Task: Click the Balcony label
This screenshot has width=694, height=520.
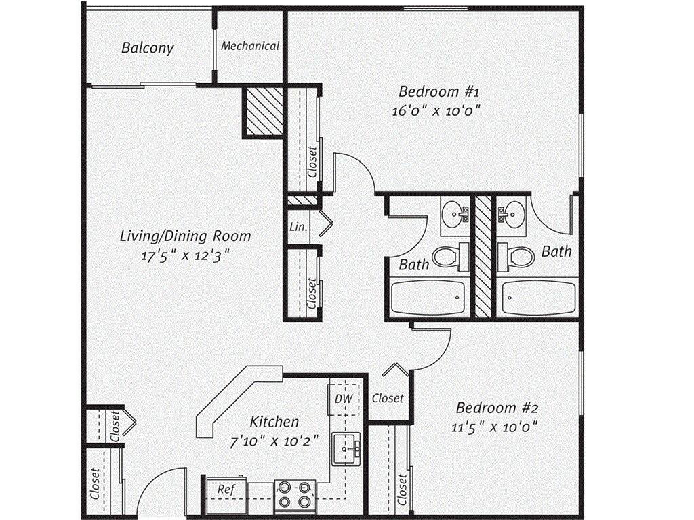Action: coord(147,48)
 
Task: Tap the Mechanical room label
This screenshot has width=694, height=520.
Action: coord(249,46)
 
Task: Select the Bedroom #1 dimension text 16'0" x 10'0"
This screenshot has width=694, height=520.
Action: coord(440,111)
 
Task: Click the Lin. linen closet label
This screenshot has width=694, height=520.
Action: coord(298,227)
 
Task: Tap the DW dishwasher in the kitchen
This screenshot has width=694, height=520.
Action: coord(344,398)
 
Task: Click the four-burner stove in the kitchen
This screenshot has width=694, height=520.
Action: coord(295,495)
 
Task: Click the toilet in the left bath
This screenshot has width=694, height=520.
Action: coord(449,257)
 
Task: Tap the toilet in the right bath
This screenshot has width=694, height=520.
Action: coord(516,257)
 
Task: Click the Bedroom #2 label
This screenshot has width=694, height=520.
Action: coord(497,408)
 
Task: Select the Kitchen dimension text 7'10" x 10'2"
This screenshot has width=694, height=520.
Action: coord(273,441)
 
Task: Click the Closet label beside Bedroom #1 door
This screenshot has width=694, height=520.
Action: coord(312,162)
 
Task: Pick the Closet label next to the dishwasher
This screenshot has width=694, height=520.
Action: coord(388,398)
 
